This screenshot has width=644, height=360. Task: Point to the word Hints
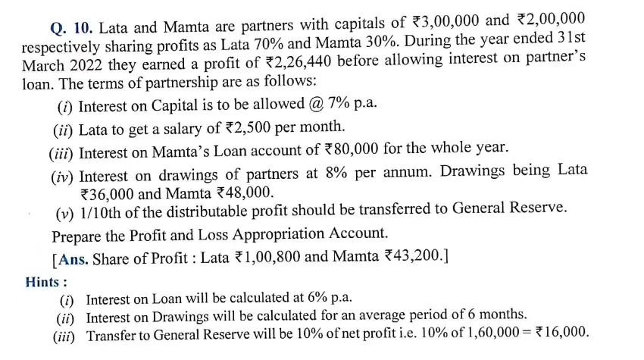click(x=40, y=281)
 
